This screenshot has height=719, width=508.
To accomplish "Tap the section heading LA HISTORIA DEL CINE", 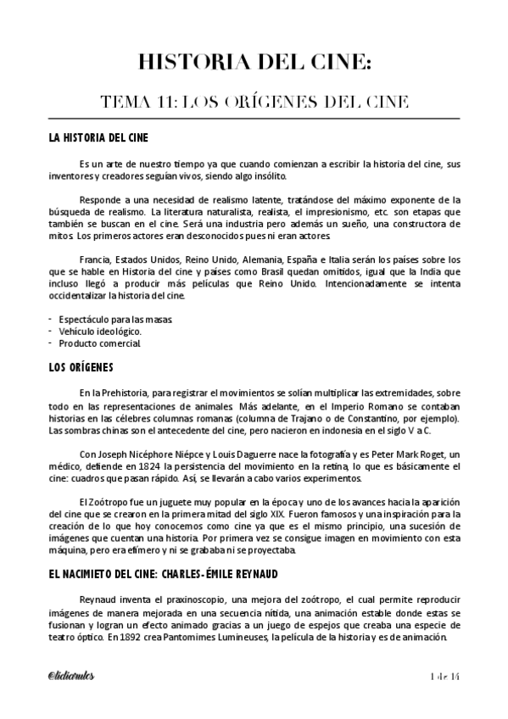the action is [100, 137].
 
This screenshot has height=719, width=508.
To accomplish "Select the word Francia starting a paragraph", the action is [94, 259].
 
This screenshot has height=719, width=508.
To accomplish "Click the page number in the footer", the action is [444, 674].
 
